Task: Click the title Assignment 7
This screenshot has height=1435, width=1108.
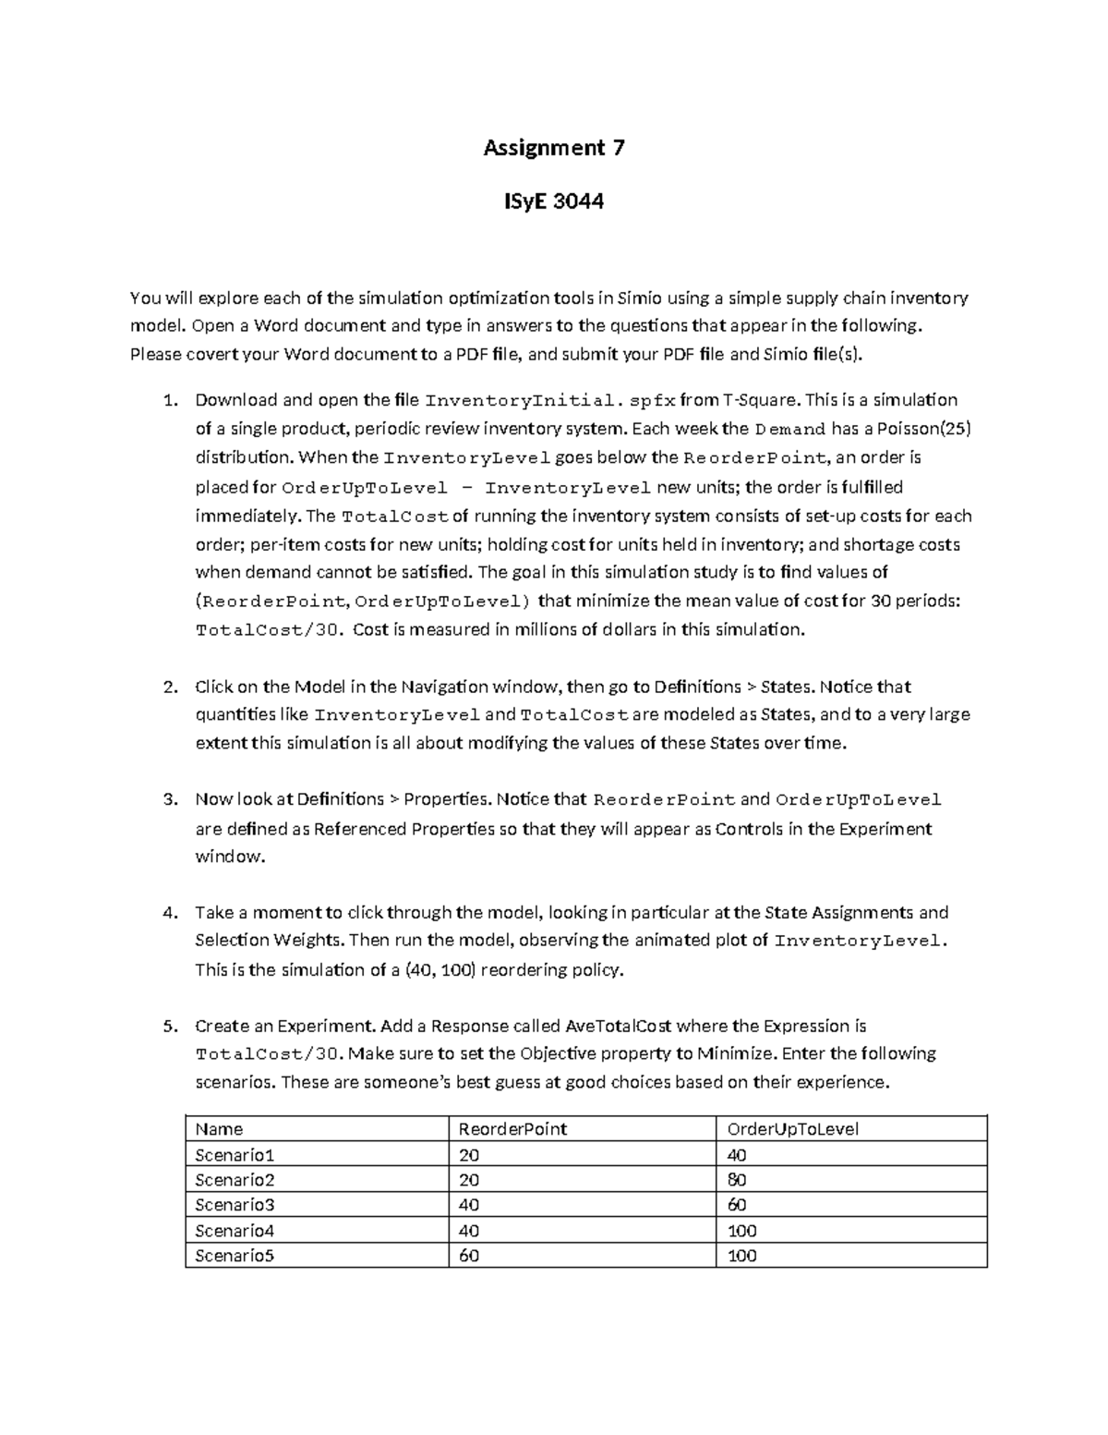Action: point(554,148)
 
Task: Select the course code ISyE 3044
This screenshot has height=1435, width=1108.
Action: point(554,201)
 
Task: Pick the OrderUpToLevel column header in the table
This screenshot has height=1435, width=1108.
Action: point(793,1129)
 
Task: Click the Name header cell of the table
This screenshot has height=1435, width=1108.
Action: point(220,1129)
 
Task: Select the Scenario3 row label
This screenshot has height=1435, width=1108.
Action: point(235,1205)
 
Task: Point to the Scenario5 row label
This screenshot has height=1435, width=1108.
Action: point(235,1256)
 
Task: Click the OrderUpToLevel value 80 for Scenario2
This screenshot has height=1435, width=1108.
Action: point(737,1180)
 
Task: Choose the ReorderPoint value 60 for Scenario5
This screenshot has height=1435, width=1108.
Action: point(469,1256)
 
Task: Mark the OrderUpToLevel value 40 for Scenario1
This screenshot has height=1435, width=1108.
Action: point(737,1155)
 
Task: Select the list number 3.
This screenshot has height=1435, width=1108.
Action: point(169,799)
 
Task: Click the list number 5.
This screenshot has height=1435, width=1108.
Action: point(169,1027)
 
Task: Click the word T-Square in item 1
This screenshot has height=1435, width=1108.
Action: point(762,400)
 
